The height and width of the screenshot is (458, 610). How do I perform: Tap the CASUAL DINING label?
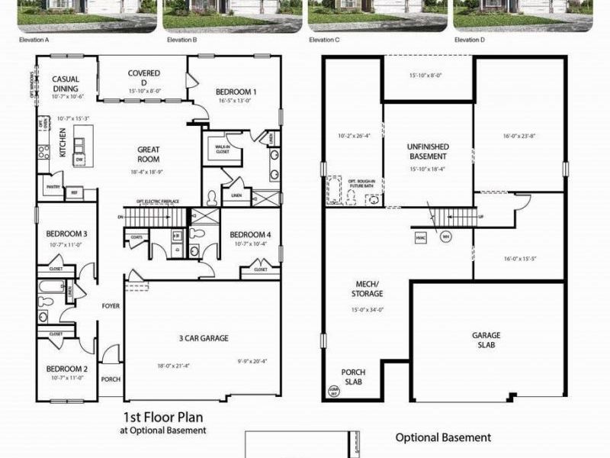66,84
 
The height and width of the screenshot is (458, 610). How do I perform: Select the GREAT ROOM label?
149,154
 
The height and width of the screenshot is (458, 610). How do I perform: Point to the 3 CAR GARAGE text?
204,338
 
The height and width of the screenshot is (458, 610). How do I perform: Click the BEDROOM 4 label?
249,234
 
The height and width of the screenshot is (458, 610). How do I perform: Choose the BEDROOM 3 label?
66,234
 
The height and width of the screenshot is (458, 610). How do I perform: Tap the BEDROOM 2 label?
66,369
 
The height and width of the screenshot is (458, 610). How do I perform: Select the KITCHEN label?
63,142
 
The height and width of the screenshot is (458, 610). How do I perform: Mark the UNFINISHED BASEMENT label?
428,151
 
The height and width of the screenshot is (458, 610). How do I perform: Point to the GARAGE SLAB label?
486,340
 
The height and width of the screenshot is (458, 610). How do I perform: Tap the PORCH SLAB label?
353,377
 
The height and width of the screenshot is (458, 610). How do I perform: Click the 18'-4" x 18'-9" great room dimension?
149,173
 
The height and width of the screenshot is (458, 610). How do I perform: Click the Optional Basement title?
443,437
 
